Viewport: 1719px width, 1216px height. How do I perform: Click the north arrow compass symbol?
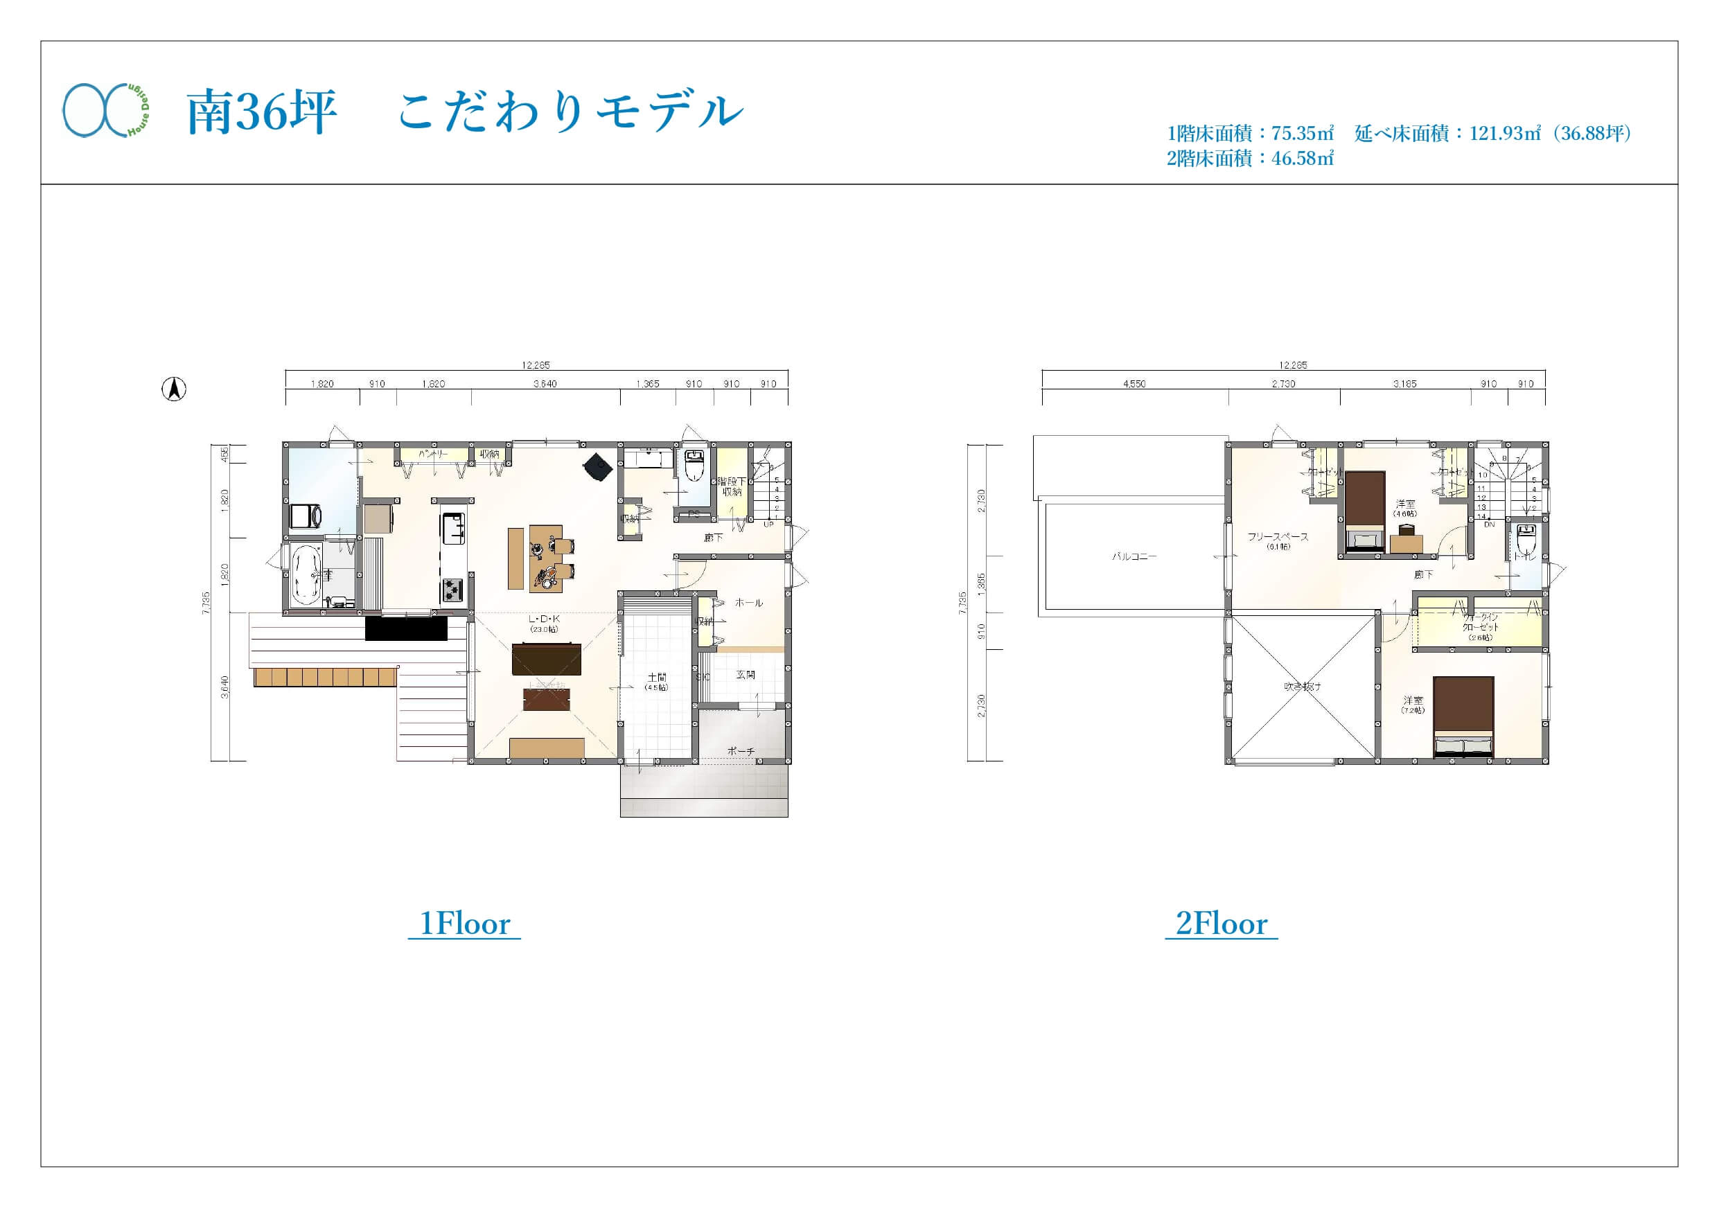tap(174, 389)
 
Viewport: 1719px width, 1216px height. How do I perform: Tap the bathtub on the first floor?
tap(306, 575)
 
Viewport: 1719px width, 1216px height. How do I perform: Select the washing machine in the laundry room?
tap(306, 516)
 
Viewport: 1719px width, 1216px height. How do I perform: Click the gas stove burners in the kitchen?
tap(452, 589)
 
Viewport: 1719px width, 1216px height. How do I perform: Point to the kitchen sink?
tap(453, 529)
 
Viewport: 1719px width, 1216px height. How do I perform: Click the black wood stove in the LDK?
tap(598, 467)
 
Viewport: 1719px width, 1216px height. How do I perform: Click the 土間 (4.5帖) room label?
tap(657, 681)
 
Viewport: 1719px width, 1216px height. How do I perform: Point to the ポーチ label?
tap(741, 750)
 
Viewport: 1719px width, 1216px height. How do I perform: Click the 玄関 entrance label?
tap(745, 675)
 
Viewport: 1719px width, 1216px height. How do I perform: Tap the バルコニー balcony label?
tap(1134, 556)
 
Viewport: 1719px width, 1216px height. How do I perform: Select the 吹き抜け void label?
tap(1302, 686)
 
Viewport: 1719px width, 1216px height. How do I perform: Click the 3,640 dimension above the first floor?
tap(545, 384)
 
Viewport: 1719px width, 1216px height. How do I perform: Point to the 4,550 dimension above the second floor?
tap(1134, 384)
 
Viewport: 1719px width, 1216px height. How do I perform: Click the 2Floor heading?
tap(1221, 924)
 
